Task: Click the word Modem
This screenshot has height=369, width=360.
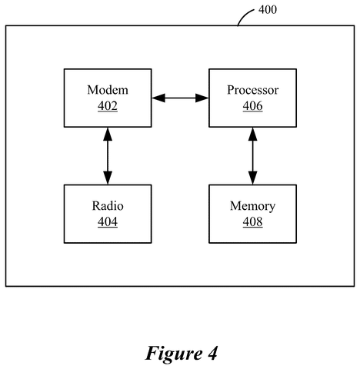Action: pos(108,90)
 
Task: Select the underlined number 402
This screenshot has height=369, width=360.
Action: pos(108,106)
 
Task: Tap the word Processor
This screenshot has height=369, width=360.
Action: pos(253,90)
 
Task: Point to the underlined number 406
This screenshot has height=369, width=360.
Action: pos(253,106)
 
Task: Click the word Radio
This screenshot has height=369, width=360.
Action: pos(108,206)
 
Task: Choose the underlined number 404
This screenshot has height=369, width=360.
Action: pos(108,221)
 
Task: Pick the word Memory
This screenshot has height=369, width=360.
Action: pos(253,206)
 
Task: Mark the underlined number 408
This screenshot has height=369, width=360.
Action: pos(253,221)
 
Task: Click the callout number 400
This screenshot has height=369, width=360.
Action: pos(268,10)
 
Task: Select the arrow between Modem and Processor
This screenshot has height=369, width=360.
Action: pos(180,98)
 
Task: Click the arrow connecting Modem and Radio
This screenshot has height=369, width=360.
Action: pos(108,156)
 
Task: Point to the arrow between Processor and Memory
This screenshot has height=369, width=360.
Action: pos(253,156)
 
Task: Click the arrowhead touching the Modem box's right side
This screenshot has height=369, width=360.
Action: pos(158,98)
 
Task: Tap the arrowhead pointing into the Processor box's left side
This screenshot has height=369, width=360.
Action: pos(202,98)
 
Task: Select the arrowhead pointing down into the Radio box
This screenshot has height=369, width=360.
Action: pos(108,178)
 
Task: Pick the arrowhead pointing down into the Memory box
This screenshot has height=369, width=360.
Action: pos(253,178)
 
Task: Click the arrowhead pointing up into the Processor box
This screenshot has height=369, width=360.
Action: pos(253,134)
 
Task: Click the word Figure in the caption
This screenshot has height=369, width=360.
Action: pos(174,354)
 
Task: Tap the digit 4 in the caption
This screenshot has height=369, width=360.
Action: pos(212,353)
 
